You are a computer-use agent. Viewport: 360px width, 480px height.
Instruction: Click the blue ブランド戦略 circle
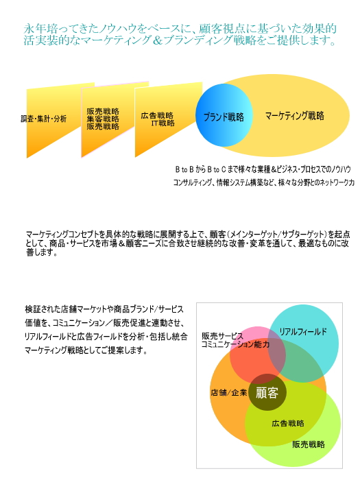[224, 115]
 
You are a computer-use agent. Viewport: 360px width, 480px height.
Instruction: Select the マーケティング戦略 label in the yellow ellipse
[294, 116]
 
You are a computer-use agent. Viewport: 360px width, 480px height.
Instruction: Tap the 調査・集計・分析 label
[43, 119]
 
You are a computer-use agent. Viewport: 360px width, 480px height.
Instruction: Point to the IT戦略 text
[163, 123]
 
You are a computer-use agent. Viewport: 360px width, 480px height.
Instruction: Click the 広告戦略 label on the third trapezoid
[157, 115]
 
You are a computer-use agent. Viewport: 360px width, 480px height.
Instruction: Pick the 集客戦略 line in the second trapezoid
[103, 119]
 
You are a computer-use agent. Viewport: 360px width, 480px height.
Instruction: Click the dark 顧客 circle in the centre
[267, 392]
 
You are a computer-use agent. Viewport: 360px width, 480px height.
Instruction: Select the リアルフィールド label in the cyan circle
[303, 331]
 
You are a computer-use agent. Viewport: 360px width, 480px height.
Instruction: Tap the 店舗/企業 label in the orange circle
[228, 392]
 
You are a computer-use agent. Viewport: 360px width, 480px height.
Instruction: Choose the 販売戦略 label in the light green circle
[309, 444]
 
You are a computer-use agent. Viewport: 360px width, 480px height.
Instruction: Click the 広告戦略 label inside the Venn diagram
[288, 423]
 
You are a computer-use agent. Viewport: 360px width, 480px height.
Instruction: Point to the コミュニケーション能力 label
[235, 344]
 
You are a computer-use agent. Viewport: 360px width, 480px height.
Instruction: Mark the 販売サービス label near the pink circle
[222, 336]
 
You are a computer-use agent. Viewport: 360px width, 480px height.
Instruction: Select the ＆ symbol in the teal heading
[157, 40]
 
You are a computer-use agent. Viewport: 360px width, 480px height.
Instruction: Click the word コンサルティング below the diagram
[193, 183]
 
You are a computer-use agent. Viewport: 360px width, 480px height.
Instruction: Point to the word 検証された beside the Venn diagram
[43, 309]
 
